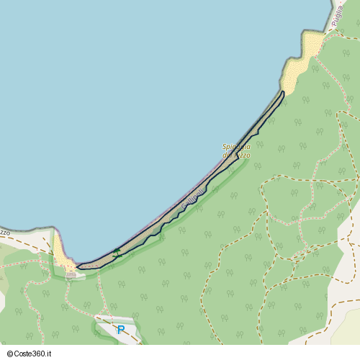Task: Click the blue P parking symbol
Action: [121, 330]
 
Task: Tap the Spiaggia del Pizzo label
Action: [236, 151]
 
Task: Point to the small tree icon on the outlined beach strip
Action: [117, 252]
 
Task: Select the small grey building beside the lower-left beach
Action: [71, 274]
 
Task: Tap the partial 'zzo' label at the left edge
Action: [4, 232]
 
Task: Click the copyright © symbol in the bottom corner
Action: [4, 354]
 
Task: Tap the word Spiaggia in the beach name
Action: [236, 147]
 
